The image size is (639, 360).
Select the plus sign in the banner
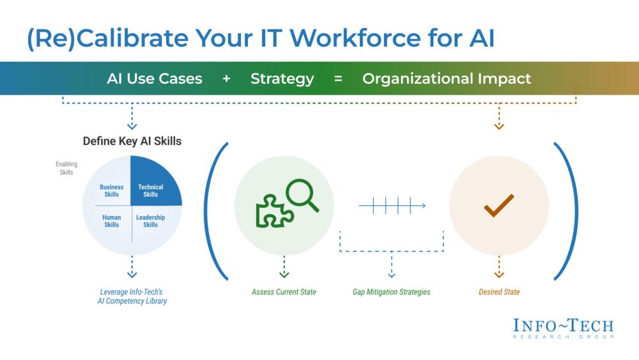pos(227,78)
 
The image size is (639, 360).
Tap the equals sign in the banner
pos(338,78)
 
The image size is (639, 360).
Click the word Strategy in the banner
pos(282,79)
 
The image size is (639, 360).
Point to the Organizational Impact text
pos(447,79)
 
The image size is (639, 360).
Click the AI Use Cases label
pos(155,78)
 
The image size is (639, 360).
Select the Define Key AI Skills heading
pos(132,141)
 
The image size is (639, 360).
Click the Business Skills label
pos(111,191)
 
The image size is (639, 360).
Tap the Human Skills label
pos(111,221)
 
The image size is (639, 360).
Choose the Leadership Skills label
pos(150,221)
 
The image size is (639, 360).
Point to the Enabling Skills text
pos(66,168)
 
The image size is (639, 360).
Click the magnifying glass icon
pos(302,195)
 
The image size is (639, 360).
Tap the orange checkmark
pos(499,205)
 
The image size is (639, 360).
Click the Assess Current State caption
pos(284,292)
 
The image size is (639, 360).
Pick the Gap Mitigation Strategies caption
pos(391,292)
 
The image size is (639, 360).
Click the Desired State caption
pos(499,292)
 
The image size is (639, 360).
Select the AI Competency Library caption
pos(132,301)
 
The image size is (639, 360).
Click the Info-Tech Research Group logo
pos(563,328)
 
